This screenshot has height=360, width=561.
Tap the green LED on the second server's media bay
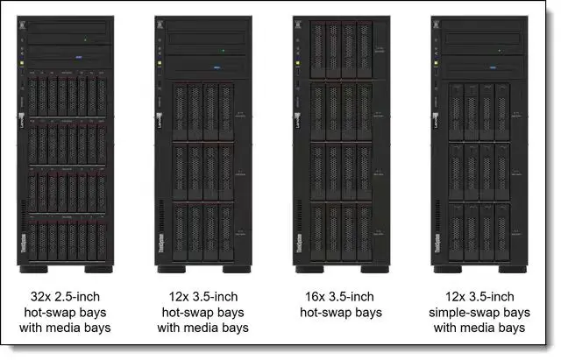[x=224, y=51]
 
